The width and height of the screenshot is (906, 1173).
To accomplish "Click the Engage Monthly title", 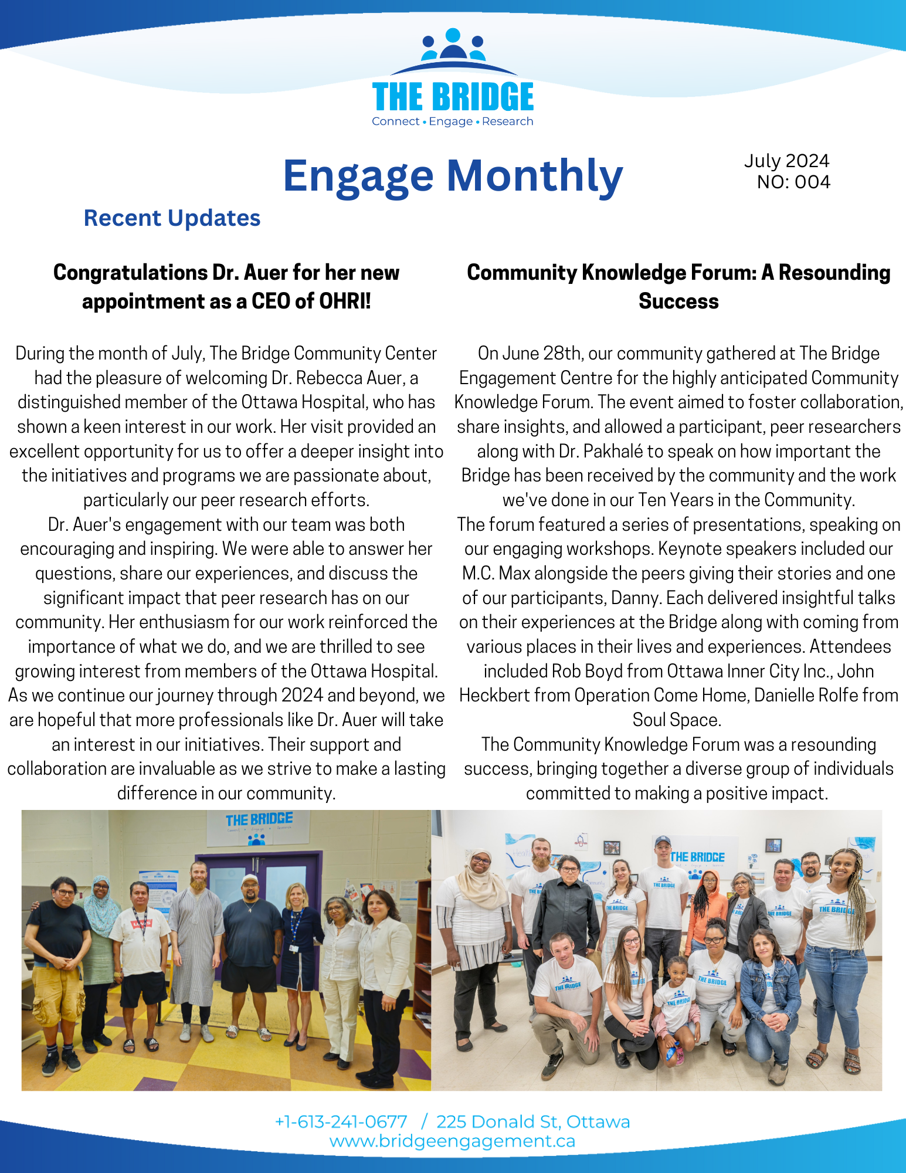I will pyautogui.click(x=452, y=175).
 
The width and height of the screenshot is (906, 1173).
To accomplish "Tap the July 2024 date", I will pyautogui.click(x=786, y=161).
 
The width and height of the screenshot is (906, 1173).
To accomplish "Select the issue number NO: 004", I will pyautogui.click(x=793, y=182).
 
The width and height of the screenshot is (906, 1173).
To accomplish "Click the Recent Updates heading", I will pyautogui.click(x=172, y=218).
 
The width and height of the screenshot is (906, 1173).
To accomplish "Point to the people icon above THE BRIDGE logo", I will pyautogui.click(x=453, y=45).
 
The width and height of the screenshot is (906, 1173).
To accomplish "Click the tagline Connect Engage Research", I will pyautogui.click(x=452, y=121).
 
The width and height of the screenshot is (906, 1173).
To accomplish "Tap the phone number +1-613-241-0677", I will pyautogui.click(x=341, y=1121).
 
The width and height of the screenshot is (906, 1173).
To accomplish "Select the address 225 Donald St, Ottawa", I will pyautogui.click(x=533, y=1121).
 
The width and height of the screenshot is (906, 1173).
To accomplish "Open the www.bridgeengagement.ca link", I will pyautogui.click(x=452, y=1141).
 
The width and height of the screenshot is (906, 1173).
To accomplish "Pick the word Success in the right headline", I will pyautogui.click(x=678, y=301).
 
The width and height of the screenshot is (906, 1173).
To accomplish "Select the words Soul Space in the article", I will pyautogui.click(x=676, y=720).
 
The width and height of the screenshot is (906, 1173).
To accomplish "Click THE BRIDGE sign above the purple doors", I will pyautogui.click(x=259, y=819).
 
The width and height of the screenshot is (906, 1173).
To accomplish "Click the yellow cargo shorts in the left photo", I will pyautogui.click(x=57, y=991).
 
